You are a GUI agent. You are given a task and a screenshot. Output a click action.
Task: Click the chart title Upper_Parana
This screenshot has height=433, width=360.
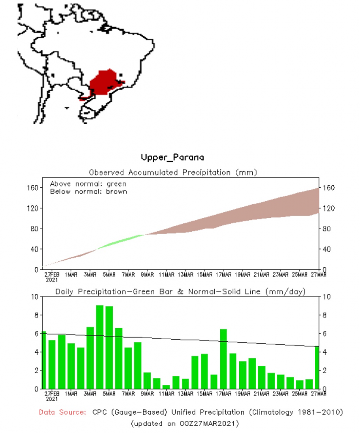(172, 158)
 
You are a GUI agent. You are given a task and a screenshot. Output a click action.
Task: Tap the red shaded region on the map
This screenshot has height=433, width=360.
(104, 82)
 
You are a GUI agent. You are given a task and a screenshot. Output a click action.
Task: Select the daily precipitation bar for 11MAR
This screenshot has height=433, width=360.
(166, 386)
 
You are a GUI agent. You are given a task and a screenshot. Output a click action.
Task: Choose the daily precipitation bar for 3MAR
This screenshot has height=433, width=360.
(90, 358)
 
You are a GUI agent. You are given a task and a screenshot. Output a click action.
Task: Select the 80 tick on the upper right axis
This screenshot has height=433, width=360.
(327, 229)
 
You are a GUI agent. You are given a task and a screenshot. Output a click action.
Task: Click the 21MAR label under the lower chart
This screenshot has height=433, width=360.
(262, 394)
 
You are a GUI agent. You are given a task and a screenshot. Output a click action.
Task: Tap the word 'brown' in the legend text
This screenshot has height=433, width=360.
(118, 192)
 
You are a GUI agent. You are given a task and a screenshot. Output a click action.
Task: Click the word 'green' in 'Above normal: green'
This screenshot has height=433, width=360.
(117, 184)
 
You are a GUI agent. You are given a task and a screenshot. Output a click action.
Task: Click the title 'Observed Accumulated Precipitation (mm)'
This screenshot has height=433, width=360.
(173, 173)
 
